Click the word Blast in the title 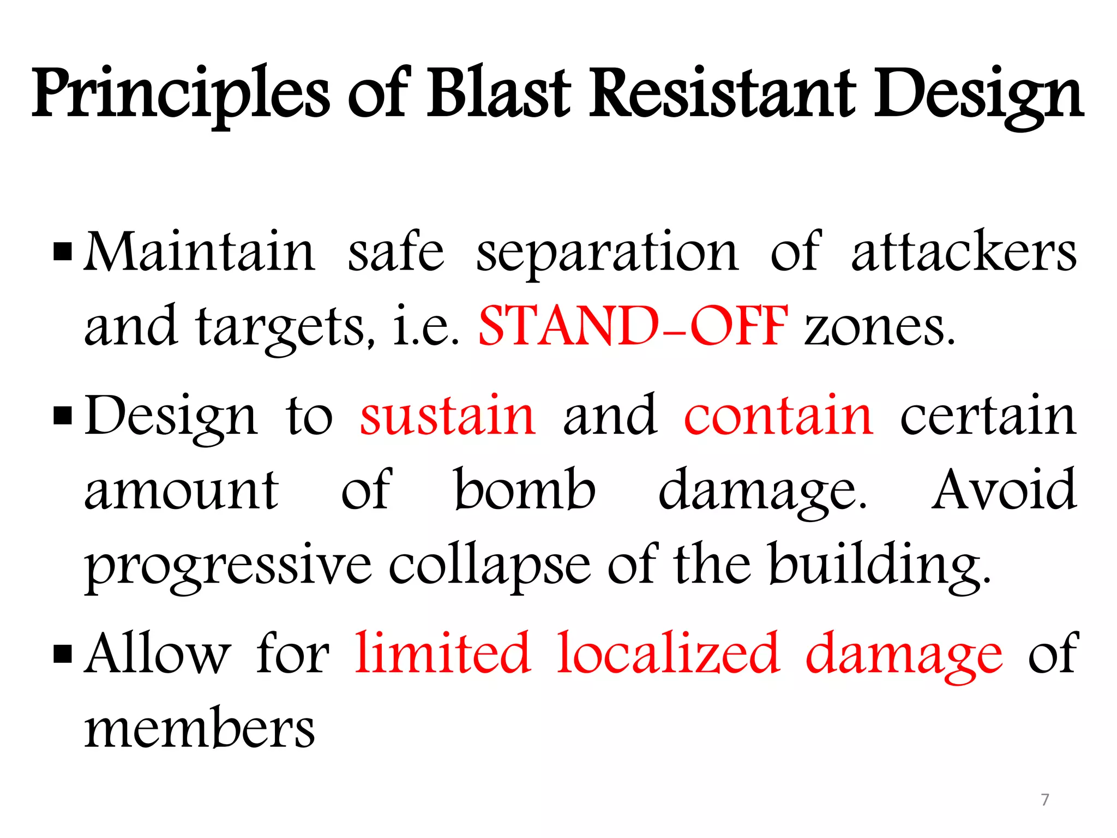tap(499, 93)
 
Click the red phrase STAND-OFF tap(633, 326)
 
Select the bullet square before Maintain tap(63, 253)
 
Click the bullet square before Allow tap(63, 653)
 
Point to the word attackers tap(964, 252)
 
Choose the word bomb tap(525, 490)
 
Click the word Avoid tap(1004, 490)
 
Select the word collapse tap(489, 565)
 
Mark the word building tap(879, 565)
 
